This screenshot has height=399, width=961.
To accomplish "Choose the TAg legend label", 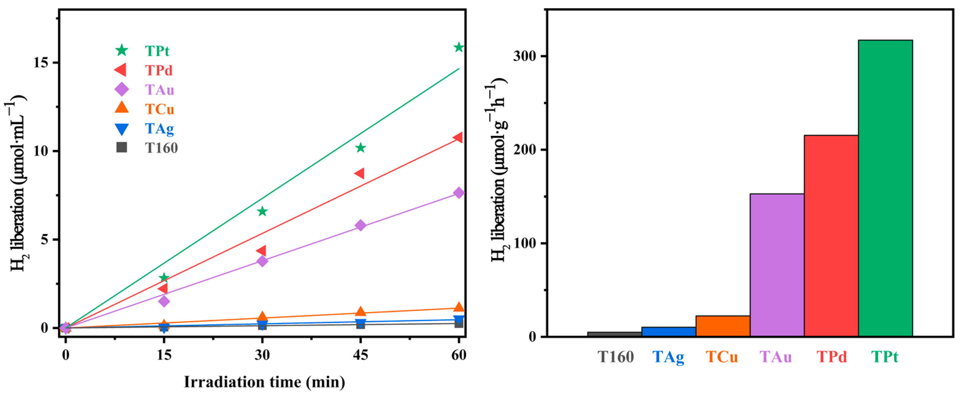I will pyautogui.click(x=159, y=129).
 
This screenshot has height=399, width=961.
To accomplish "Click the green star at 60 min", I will pyautogui.click(x=459, y=48).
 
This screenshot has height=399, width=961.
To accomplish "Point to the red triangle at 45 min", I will pyautogui.click(x=360, y=173).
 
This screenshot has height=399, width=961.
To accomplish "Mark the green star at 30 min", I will pyautogui.click(x=262, y=212).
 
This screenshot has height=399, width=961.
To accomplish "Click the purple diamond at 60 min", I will pyautogui.click(x=459, y=193).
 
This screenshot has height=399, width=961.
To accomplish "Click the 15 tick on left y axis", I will pyautogui.click(x=41, y=62).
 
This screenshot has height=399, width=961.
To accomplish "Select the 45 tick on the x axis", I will pyautogui.click(x=360, y=355).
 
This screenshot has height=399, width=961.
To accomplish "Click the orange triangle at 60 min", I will pyautogui.click(x=459, y=307).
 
